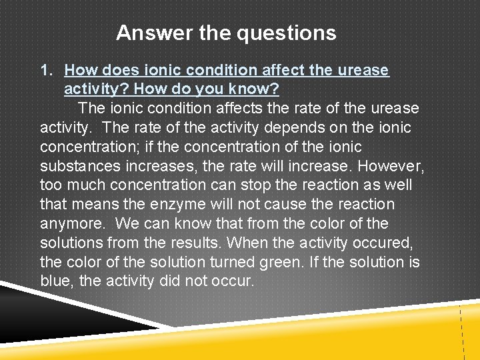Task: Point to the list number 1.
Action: tap(46, 70)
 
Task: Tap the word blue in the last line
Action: tap(55, 281)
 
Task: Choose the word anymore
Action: tap(71, 223)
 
